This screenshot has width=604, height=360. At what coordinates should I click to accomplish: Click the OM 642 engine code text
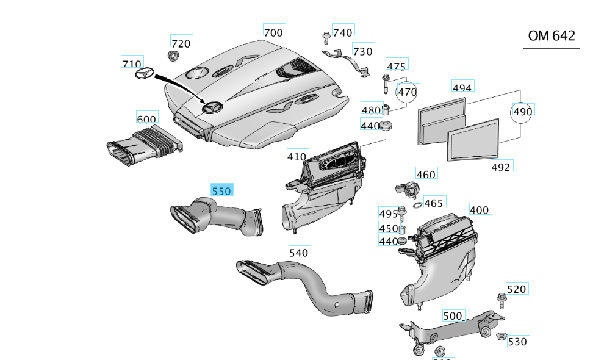551,36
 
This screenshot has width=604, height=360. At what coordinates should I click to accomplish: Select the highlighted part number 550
221,191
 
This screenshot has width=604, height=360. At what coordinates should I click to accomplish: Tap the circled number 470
407,92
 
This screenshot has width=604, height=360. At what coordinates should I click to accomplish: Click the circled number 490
523,111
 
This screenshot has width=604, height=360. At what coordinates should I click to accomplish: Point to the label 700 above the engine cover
273,32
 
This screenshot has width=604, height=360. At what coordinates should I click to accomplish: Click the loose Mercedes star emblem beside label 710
143,74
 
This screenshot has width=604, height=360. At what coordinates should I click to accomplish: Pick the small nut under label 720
173,56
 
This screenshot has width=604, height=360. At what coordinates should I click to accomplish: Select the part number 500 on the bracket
453,315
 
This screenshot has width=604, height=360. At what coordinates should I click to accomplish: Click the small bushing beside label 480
386,110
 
